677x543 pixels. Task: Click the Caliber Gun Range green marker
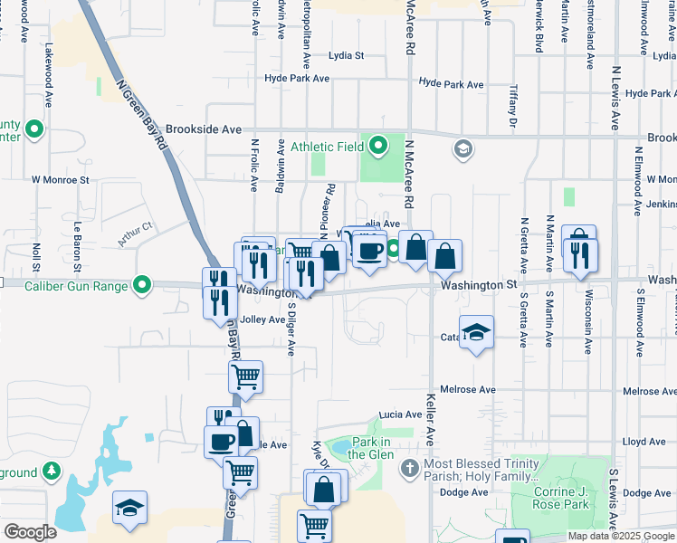pos(142,286)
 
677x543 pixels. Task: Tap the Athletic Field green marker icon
pos(379,145)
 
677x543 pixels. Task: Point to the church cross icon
pos(409,469)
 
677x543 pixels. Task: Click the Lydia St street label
pos(346,55)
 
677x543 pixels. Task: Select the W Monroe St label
pos(61,180)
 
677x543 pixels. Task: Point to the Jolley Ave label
pos(263,319)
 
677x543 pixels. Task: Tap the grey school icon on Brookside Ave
pos(463,148)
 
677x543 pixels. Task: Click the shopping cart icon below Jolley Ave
pos(246,375)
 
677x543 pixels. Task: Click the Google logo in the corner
pos(30,533)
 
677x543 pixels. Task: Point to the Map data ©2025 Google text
pos(621,536)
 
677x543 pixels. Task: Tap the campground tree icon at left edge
pos(52,472)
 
